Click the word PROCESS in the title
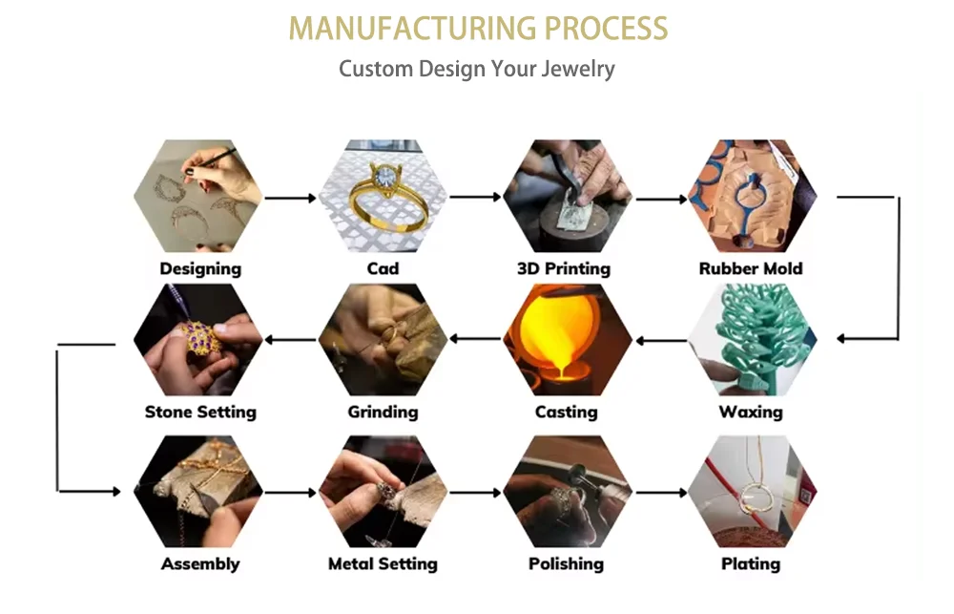(606, 28)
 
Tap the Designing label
(200, 268)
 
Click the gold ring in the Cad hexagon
(380, 196)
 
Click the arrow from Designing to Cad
(290, 198)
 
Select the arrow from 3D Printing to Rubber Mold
(661, 199)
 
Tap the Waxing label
(751, 412)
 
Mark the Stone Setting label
(200, 412)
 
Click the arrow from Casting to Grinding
(475, 339)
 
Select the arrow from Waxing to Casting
(661, 339)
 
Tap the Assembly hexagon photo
(199, 492)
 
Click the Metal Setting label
(383, 563)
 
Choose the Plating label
(751, 563)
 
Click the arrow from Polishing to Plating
(661, 492)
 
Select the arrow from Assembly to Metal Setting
(290, 492)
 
